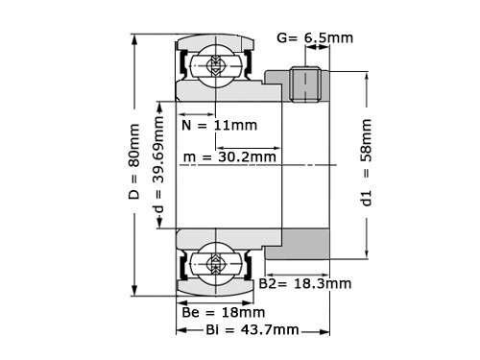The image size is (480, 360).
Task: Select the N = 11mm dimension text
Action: click(219, 125)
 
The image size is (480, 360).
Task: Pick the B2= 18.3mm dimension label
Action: click(305, 284)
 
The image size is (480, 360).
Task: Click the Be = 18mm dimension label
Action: click(223, 312)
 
